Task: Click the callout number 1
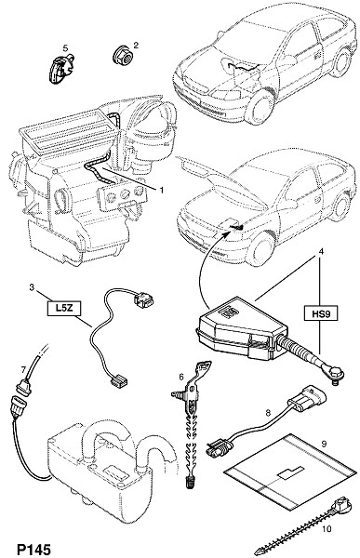click(x=161, y=191)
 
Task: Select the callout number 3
click(x=32, y=286)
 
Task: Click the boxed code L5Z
click(x=64, y=308)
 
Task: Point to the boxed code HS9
click(x=321, y=313)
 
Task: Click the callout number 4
click(x=321, y=251)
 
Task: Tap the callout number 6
click(x=180, y=376)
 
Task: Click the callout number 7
click(x=23, y=370)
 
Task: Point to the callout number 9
click(x=324, y=444)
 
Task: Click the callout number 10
click(x=326, y=529)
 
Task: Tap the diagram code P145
click(x=33, y=550)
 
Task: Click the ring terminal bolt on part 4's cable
click(x=334, y=375)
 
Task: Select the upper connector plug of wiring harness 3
click(x=143, y=299)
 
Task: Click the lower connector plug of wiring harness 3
click(x=117, y=382)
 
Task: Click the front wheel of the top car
click(x=260, y=107)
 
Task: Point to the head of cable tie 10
click(x=340, y=505)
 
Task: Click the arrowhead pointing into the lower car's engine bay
click(x=228, y=233)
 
